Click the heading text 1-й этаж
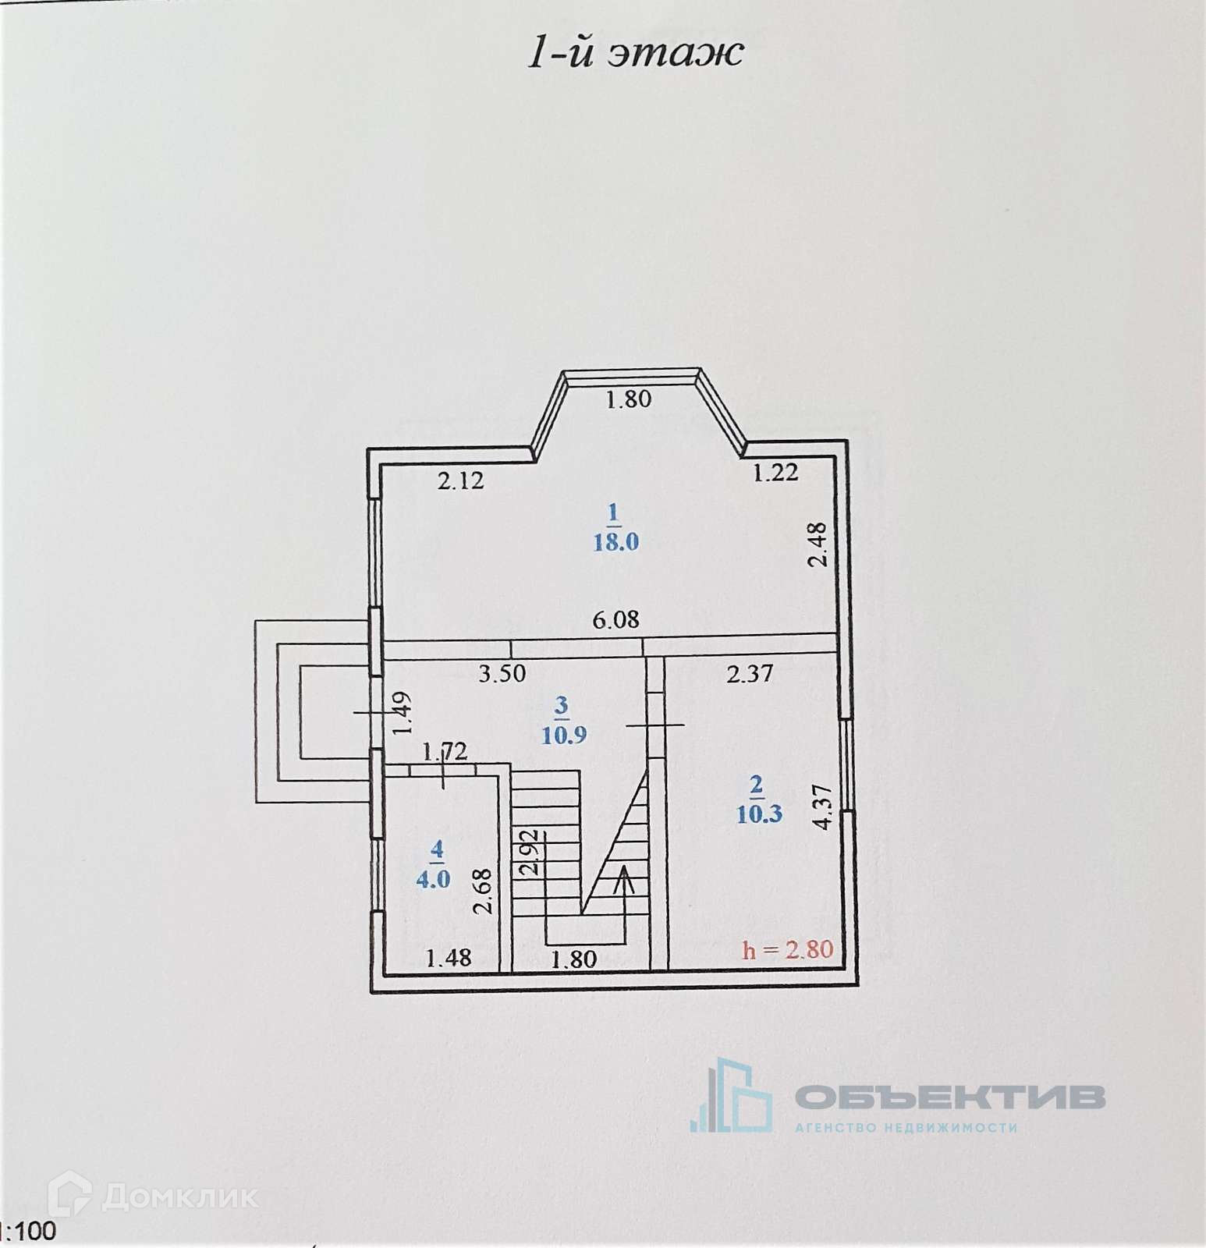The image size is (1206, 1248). click(x=635, y=53)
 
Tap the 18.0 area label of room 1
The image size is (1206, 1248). click(x=616, y=541)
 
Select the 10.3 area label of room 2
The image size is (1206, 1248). click(x=759, y=814)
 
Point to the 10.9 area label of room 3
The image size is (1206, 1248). click(x=564, y=735)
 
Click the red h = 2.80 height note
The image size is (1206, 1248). click(x=788, y=949)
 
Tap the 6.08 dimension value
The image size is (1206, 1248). click(x=615, y=619)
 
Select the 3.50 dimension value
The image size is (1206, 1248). click(x=502, y=673)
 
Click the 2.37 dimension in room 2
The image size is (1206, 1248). click(x=750, y=673)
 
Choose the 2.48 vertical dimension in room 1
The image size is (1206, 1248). click(x=817, y=544)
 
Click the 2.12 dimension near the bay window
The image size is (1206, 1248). click(x=460, y=480)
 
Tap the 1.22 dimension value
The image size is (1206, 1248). click(x=775, y=472)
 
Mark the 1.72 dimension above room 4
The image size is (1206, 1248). click(x=445, y=752)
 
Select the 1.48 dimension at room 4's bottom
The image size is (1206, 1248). click(x=449, y=957)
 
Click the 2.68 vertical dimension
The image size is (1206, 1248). click(x=484, y=892)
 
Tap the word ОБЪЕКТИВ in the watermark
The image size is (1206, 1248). click(x=949, y=1096)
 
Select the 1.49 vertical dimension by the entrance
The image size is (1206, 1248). click(x=403, y=714)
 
